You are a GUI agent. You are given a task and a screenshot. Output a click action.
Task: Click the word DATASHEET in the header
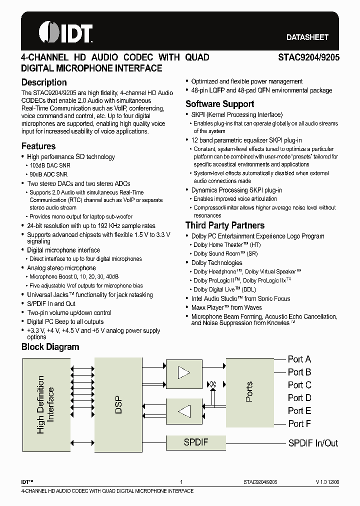point(307,37)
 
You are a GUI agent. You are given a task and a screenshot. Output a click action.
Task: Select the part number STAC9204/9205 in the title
point(308,57)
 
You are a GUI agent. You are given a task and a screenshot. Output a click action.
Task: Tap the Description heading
point(44,82)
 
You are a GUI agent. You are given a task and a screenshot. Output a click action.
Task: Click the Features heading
point(38,146)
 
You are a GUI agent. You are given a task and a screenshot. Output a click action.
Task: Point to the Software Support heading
point(219,104)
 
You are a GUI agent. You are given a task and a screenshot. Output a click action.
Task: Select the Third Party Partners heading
point(225,225)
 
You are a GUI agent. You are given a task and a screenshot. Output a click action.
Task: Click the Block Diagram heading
point(50,347)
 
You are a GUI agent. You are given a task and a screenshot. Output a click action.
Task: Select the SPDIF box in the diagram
point(195,442)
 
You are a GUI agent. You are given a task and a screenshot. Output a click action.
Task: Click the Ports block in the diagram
point(249,392)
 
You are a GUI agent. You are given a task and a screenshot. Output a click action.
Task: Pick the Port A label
point(299,359)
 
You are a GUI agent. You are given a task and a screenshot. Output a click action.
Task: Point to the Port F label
point(299,423)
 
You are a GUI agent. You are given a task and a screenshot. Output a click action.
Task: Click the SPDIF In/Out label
point(313,443)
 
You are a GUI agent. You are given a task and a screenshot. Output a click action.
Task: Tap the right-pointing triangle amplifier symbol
point(184,373)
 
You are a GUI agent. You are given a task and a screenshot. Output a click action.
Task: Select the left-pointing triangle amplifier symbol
point(184,411)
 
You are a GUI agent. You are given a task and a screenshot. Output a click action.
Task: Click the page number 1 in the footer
point(181,482)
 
